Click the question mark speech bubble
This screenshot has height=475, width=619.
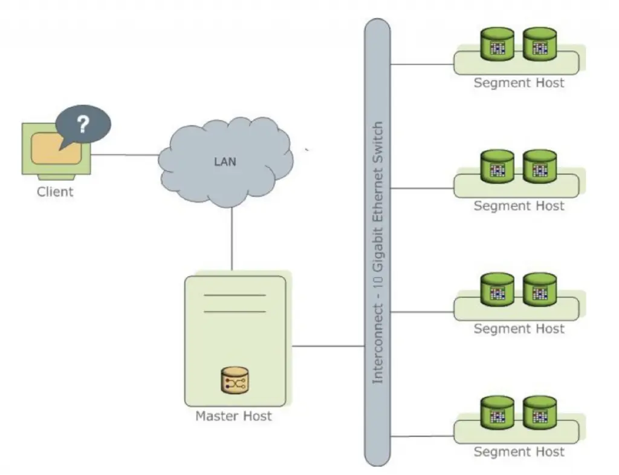[83, 125]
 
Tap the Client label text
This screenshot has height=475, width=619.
[55, 192]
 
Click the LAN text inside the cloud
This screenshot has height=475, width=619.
[225, 162]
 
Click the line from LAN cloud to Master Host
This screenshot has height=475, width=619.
[232, 239]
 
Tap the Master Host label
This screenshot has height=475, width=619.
[233, 416]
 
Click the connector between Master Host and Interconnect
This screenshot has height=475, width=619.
[328, 347]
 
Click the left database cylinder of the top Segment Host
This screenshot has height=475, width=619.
[497, 45]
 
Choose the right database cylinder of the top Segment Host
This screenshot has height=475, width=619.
[539, 45]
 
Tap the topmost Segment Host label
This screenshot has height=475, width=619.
[519, 83]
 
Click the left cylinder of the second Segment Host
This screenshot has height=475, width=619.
[497, 168]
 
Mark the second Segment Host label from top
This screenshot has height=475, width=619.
[519, 206]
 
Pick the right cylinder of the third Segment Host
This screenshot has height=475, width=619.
[539, 290]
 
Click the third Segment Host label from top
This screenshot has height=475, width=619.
[519, 329]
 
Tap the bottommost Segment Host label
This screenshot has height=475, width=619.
[519, 452]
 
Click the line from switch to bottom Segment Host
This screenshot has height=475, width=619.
[422, 436]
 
